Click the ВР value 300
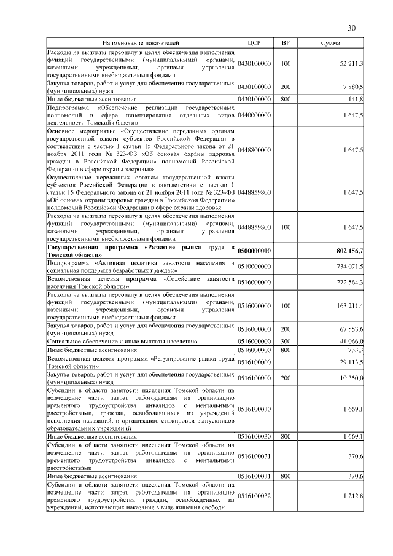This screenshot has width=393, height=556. [x=285, y=340]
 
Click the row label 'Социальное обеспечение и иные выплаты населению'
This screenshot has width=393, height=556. [x=122, y=340]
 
